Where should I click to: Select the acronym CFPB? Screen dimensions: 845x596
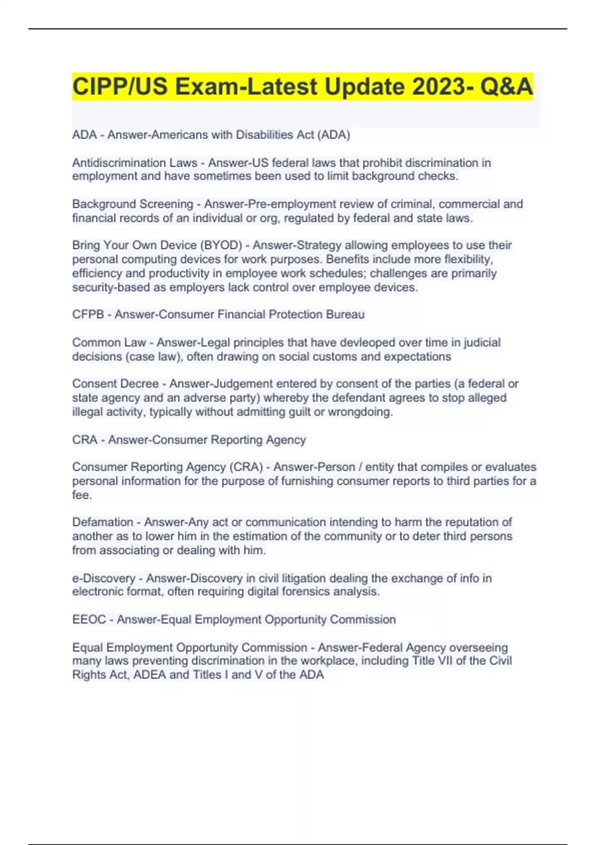pyautogui.click(x=88, y=314)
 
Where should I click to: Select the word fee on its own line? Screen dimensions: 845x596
pyautogui.click(x=81, y=495)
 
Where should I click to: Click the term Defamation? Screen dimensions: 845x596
pyautogui.click(x=103, y=522)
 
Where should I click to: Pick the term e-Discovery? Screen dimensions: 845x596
pyautogui.click(x=104, y=578)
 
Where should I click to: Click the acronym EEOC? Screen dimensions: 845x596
pyautogui.click(x=89, y=619)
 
